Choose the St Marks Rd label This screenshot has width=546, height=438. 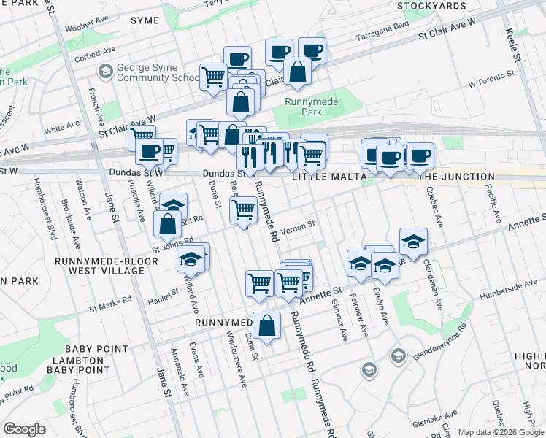click(x=110, y=301)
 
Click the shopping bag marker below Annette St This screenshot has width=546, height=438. click(x=268, y=326)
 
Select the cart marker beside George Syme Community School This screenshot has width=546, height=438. click(x=214, y=75)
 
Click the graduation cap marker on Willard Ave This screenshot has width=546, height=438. click(x=191, y=258)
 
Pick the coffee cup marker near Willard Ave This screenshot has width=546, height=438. click(x=149, y=151)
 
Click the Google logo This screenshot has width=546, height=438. click(x=24, y=429)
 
